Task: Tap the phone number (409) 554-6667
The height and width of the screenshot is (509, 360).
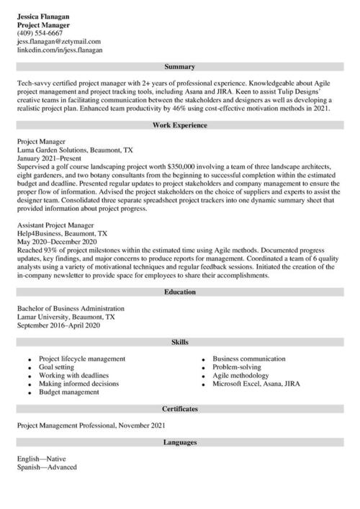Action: point(40,33)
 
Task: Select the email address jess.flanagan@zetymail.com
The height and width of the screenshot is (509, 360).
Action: point(59,42)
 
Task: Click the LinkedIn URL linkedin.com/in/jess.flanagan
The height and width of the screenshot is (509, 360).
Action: point(60,50)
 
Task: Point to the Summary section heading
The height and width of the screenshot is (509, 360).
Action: point(179,67)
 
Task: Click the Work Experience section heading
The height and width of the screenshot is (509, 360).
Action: point(179,125)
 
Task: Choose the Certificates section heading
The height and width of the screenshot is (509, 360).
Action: point(179,408)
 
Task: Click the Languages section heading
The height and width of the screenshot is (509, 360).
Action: point(179,442)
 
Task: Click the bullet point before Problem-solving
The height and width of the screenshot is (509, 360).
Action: point(204,367)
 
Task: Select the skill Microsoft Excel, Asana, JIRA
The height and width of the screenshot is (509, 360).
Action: point(256,384)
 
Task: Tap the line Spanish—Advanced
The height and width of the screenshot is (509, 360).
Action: point(47,467)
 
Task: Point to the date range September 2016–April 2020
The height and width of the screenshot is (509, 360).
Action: point(59,325)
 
